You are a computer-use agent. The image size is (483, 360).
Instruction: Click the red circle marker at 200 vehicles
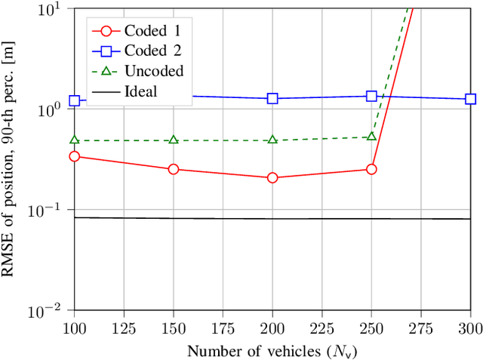click(x=272, y=177)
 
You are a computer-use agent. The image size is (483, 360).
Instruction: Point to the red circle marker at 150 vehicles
click(x=174, y=169)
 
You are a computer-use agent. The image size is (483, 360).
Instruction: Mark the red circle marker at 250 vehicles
click(x=371, y=169)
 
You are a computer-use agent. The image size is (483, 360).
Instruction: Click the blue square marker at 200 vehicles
click(x=272, y=98)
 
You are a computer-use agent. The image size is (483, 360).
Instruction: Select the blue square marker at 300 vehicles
click(x=470, y=99)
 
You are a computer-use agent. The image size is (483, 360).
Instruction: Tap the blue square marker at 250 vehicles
click(x=371, y=96)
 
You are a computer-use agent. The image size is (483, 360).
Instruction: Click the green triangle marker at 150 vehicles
click(x=174, y=140)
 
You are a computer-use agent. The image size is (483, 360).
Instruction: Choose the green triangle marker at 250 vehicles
click(x=371, y=137)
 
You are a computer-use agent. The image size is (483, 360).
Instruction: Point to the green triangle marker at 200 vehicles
click(x=272, y=140)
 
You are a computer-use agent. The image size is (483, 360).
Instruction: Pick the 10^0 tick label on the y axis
click(x=56, y=109)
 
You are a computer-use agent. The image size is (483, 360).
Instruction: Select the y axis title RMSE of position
click(x=12, y=159)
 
